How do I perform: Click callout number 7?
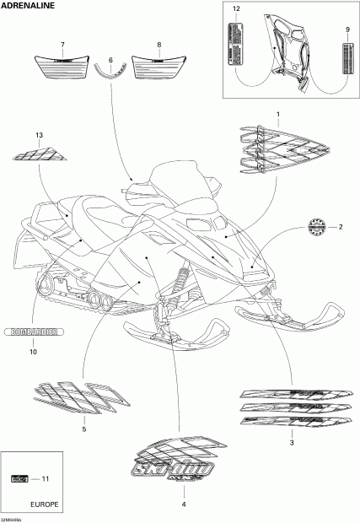click(x=62, y=44)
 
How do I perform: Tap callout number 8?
click(x=159, y=44)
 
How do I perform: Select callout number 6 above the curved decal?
click(x=110, y=60)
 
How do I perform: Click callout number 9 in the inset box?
click(x=347, y=30)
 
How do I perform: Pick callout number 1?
click(x=278, y=113)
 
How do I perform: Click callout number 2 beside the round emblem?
click(x=341, y=226)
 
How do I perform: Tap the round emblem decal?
click(x=315, y=225)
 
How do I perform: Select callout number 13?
click(x=39, y=136)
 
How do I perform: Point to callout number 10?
click(x=34, y=352)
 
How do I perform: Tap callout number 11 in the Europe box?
click(x=46, y=479)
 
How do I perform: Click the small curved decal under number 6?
click(x=110, y=73)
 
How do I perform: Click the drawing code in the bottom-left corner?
click(x=13, y=519)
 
